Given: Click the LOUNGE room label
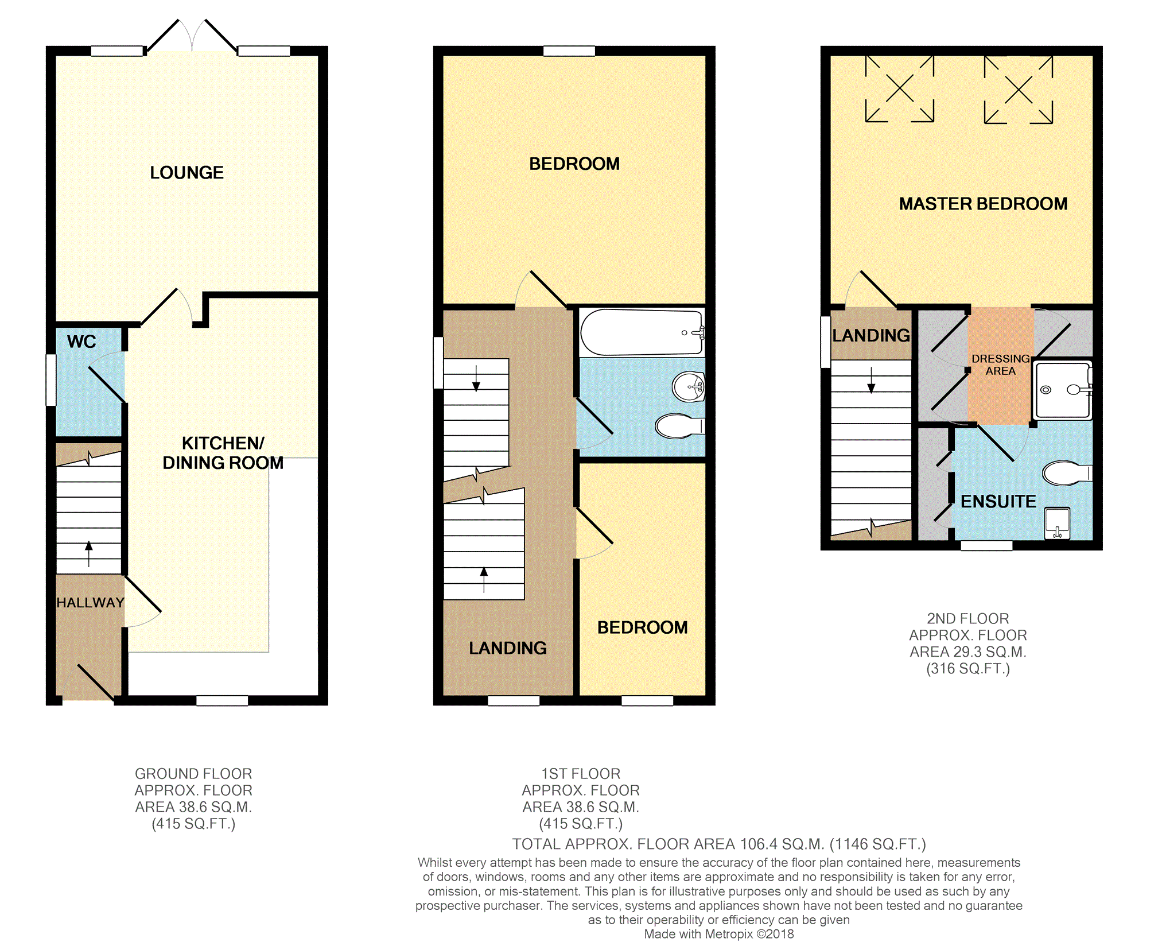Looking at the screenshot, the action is coord(186,172).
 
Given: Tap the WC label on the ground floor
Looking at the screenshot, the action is coord(81,342).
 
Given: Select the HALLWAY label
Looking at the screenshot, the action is coord(90,603).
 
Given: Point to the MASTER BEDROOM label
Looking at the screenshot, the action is coord(983,204).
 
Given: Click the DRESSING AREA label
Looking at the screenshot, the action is coord(1000,365).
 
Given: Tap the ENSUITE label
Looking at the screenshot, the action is coord(998,502).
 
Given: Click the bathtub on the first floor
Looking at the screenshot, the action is coord(642,332).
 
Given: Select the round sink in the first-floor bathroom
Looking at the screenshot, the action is coord(689,386).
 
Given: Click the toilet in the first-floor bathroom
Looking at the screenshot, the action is coord(679,426).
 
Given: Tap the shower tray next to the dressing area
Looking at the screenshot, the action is coord(1062,390).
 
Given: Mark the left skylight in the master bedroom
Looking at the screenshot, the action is coord(900,89).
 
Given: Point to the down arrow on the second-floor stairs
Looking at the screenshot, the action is coord(871,380).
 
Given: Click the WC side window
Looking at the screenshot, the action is coord(51,380).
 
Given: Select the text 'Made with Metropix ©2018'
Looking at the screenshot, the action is coord(719,934).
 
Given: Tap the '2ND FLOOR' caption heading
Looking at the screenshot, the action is coord(967,619).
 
